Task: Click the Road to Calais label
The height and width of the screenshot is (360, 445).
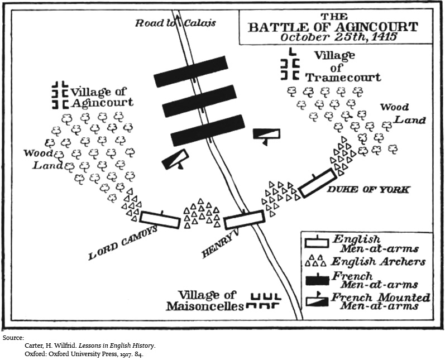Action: [x=175, y=23]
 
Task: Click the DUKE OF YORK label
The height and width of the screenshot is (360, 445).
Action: [x=368, y=190]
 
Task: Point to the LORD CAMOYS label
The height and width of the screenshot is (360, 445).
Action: [x=123, y=243]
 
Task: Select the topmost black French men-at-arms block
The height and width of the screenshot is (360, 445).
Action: [x=191, y=71]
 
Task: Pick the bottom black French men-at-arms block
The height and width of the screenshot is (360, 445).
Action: [x=208, y=131]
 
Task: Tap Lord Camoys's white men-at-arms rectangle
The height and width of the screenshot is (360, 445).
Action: [x=160, y=220]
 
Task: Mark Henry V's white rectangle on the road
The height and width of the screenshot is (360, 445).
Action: [x=243, y=220]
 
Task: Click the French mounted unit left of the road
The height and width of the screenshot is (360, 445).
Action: [x=175, y=159]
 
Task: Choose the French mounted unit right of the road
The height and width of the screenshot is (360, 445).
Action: [x=265, y=134]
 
